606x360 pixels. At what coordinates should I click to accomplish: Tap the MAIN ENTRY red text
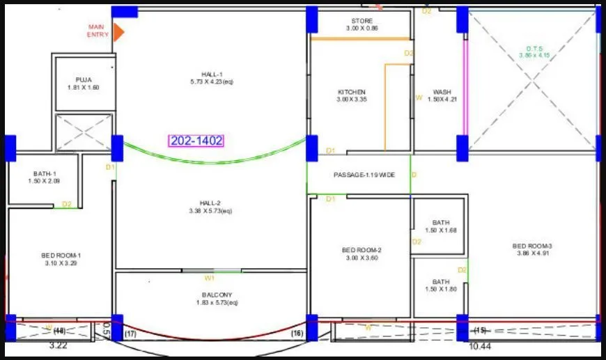[x=98, y=31]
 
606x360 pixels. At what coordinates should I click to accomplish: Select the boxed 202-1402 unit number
[x=196, y=141]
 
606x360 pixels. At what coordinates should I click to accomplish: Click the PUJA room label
[x=84, y=80]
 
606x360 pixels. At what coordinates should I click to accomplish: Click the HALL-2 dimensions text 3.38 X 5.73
[x=210, y=211]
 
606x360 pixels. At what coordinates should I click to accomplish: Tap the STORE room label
[x=362, y=21]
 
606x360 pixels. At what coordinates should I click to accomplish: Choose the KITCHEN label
[x=352, y=92]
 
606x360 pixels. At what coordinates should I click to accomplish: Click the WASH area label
[x=442, y=92]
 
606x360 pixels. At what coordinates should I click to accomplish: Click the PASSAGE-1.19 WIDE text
[x=364, y=175]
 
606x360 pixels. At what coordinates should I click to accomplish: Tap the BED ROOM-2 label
[x=362, y=250]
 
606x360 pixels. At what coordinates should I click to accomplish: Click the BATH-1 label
[x=45, y=174]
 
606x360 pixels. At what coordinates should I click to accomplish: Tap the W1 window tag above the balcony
[x=209, y=278]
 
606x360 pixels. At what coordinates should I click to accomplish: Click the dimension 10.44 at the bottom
[x=481, y=345]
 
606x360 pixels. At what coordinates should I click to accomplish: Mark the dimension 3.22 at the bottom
[x=57, y=345]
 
